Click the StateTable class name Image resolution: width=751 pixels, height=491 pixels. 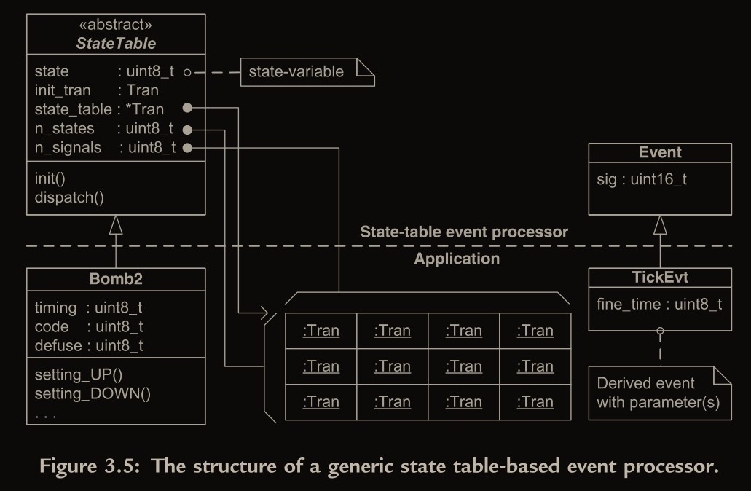(116, 43)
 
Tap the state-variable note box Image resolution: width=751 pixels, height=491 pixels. (306, 72)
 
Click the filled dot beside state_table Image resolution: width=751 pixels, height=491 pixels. (187, 109)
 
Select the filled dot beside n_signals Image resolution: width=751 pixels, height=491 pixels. (187, 148)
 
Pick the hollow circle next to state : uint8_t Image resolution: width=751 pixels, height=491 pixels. (187, 72)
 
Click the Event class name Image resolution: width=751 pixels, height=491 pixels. (659, 152)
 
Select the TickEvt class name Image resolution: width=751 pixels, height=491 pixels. (659, 278)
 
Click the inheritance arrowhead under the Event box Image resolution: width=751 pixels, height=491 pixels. (660, 225)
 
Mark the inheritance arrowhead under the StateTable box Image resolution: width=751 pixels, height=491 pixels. (116, 225)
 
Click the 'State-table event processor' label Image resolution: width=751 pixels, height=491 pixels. (464, 232)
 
